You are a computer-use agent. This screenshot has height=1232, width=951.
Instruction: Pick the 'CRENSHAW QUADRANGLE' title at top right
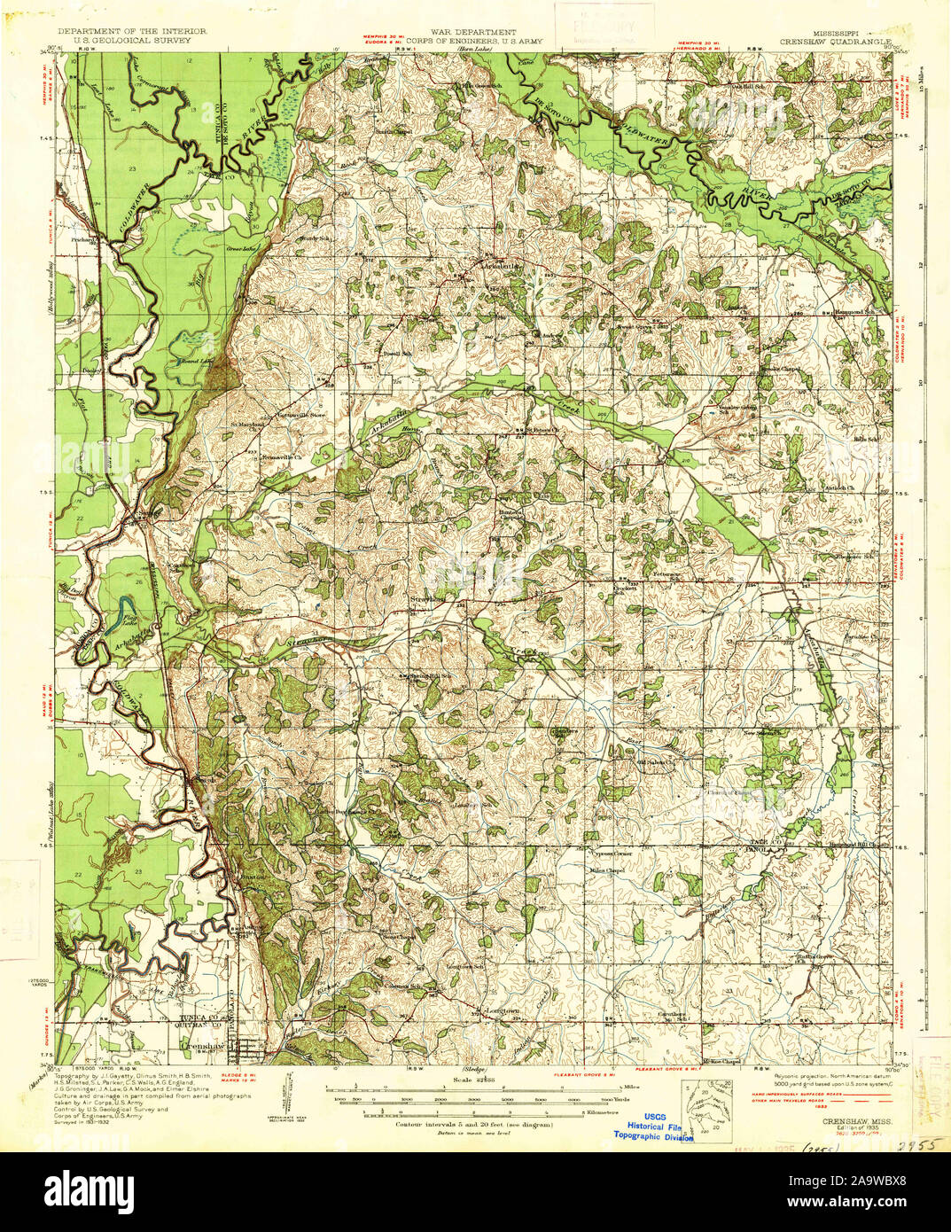[x=835, y=40]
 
